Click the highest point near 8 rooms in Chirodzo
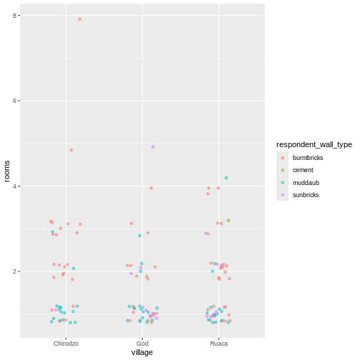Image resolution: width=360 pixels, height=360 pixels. (x=80, y=19)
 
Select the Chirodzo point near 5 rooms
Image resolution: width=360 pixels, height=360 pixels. (x=71, y=150)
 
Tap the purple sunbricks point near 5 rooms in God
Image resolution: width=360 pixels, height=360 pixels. (x=153, y=147)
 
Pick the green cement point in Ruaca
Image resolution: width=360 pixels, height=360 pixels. (x=229, y=221)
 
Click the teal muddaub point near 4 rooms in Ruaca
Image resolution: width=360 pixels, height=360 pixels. (x=226, y=178)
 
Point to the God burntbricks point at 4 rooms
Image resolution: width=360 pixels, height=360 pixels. (x=151, y=188)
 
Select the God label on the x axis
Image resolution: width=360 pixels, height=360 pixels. (x=142, y=344)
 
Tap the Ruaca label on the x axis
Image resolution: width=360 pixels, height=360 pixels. (x=219, y=344)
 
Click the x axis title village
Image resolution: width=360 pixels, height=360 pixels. (x=142, y=353)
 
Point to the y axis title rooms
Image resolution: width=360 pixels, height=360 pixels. (x=6, y=171)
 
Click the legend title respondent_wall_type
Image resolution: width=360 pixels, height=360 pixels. (x=314, y=144)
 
